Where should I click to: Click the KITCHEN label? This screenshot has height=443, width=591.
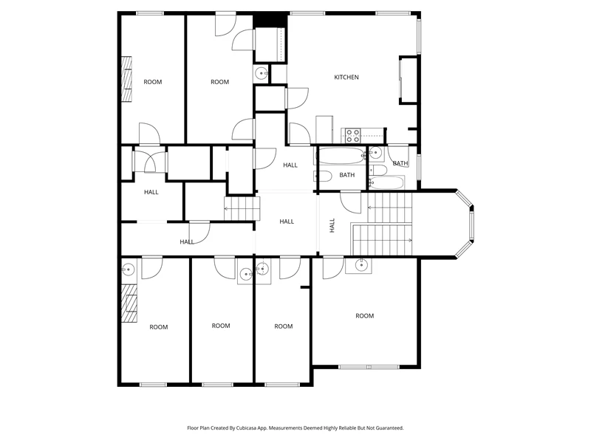[346, 78]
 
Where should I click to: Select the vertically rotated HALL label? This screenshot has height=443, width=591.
[332, 225]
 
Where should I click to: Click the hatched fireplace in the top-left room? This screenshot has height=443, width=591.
[126, 79]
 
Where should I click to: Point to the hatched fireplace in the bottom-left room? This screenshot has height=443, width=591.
[129, 303]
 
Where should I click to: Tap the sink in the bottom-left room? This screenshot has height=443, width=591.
[128, 269]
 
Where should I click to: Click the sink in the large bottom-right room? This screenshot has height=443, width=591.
[361, 265]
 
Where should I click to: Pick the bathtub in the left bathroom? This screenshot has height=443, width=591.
[342, 156]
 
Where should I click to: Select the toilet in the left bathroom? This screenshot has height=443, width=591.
[323, 176]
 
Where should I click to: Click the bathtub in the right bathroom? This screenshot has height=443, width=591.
[386, 182]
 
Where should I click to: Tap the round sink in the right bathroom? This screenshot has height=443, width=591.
[375, 153]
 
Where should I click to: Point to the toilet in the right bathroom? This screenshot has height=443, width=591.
[378, 170]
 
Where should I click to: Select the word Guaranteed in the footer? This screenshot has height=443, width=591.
[391, 428]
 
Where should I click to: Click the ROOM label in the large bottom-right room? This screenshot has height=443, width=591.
[364, 316]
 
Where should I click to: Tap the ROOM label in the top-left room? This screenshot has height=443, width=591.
[153, 82]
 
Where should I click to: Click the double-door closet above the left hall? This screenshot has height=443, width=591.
[150, 161]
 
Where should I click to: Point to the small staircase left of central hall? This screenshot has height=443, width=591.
[242, 208]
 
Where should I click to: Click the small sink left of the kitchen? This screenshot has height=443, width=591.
[261, 73]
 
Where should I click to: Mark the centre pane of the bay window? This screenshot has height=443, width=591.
[471, 225]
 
